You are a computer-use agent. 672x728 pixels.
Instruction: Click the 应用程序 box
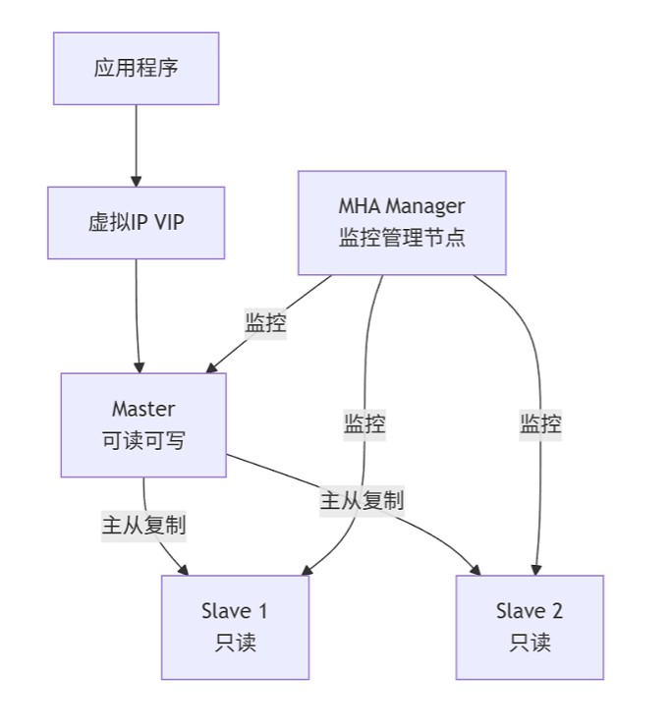coord(136,68)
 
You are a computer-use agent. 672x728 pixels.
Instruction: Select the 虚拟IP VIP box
coord(136,222)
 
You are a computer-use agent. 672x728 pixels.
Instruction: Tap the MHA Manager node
coord(402,222)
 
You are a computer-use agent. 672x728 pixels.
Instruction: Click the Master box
coord(143,424)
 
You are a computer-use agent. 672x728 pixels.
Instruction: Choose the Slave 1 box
coord(235,627)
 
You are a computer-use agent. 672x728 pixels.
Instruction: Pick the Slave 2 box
coord(530,627)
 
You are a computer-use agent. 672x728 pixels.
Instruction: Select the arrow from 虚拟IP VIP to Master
coord(138,314)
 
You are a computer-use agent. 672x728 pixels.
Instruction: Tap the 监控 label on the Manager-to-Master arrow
coord(265,322)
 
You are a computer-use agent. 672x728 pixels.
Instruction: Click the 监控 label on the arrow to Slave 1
coord(364,424)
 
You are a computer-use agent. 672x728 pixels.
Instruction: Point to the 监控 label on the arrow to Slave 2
coord(541,424)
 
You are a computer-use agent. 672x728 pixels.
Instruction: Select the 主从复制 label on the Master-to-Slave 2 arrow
coord(362,500)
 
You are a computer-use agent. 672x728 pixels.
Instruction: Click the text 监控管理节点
coord(402,238)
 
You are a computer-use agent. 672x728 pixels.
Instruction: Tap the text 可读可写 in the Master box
coord(143,441)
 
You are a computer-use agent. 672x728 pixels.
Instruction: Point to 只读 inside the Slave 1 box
coord(235,644)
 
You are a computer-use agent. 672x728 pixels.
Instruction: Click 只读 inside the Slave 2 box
coord(530,644)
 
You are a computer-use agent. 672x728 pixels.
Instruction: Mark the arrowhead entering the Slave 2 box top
coord(536,569)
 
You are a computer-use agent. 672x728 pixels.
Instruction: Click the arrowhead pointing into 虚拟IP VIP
coord(137,181)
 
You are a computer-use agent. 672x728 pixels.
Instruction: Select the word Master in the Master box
coord(143,409)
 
